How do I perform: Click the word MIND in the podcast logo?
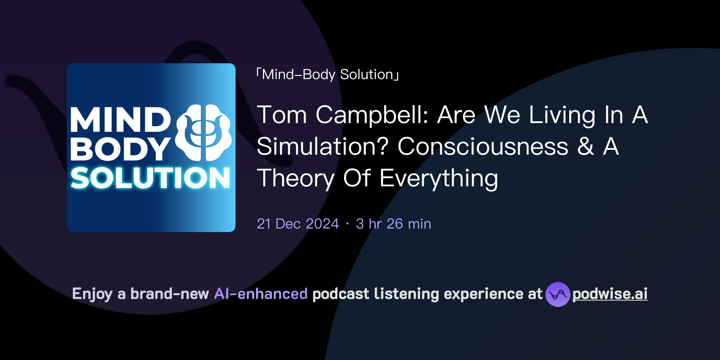click(x=120, y=120)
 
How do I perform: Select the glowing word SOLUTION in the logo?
click(x=150, y=178)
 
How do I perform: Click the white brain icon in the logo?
click(x=203, y=133)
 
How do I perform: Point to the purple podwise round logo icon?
click(x=558, y=294)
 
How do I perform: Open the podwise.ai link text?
click(x=610, y=294)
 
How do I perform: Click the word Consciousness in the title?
click(x=483, y=146)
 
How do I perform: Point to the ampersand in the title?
click(x=586, y=146)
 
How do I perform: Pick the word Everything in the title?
click(x=439, y=178)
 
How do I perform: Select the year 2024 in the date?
click(x=322, y=224)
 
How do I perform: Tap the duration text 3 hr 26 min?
click(x=393, y=224)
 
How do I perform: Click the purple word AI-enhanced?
click(x=261, y=294)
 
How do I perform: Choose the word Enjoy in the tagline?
click(x=92, y=294)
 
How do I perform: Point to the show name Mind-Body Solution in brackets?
click(x=328, y=75)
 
